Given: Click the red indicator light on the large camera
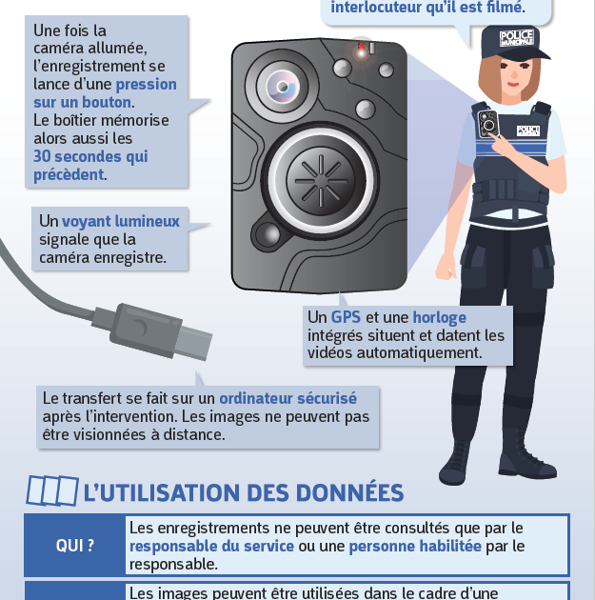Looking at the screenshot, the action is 361,50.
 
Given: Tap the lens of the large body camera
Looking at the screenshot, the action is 283,87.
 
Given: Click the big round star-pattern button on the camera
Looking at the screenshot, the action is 321,181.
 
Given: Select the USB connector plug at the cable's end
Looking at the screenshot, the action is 161,331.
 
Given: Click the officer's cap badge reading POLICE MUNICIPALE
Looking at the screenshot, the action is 517,38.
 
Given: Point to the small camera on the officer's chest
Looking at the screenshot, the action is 488,124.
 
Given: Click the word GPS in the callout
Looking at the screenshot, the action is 346,317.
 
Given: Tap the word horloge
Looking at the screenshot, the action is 440,317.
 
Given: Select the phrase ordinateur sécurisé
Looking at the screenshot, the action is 288,398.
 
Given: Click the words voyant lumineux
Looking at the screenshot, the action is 121,221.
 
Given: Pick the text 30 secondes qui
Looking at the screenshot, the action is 90,156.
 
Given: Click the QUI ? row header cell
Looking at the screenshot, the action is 75,546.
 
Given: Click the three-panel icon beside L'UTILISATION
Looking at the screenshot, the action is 52,490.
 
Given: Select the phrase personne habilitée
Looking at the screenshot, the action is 415,546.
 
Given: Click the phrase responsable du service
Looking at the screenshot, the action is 211,546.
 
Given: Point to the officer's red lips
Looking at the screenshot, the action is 513,84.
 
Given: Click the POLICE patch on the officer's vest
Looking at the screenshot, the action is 527,130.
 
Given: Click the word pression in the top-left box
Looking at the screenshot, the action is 146,85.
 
